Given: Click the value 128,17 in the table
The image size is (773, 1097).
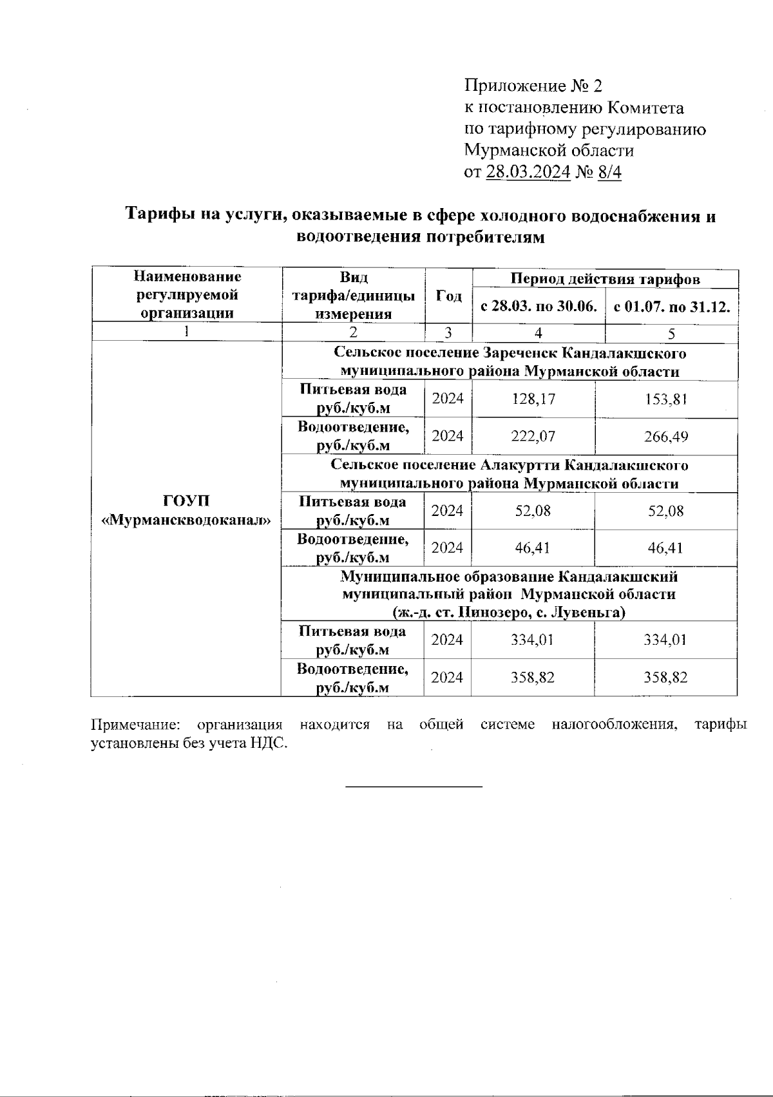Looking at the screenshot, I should pyautogui.click(x=533, y=399).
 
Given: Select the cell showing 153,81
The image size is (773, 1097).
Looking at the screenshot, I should pyautogui.click(x=666, y=399).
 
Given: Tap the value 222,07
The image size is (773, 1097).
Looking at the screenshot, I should pyautogui.click(x=533, y=437).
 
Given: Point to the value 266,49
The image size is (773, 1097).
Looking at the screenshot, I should pyautogui.click(x=666, y=437).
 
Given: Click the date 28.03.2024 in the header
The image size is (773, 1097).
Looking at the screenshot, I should pyautogui.click(x=528, y=172).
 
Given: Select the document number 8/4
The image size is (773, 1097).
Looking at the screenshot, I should pyautogui.click(x=609, y=172).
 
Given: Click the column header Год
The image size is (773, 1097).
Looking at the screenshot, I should pyautogui.click(x=448, y=296).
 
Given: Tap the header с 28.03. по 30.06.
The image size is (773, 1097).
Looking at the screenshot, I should pyautogui.click(x=539, y=307).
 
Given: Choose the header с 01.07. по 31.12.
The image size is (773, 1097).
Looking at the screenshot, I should pyautogui.click(x=672, y=307).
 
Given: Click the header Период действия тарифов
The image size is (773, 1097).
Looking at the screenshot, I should pyautogui.click(x=605, y=279).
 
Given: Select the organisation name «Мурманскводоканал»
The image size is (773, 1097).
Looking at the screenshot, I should pyautogui.click(x=187, y=520).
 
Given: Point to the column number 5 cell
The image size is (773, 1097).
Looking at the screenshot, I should pyautogui.click(x=671, y=334).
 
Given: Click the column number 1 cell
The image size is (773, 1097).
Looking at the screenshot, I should pyautogui.click(x=187, y=332).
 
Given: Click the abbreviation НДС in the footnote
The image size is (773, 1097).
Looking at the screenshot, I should pyautogui.click(x=269, y=743).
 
